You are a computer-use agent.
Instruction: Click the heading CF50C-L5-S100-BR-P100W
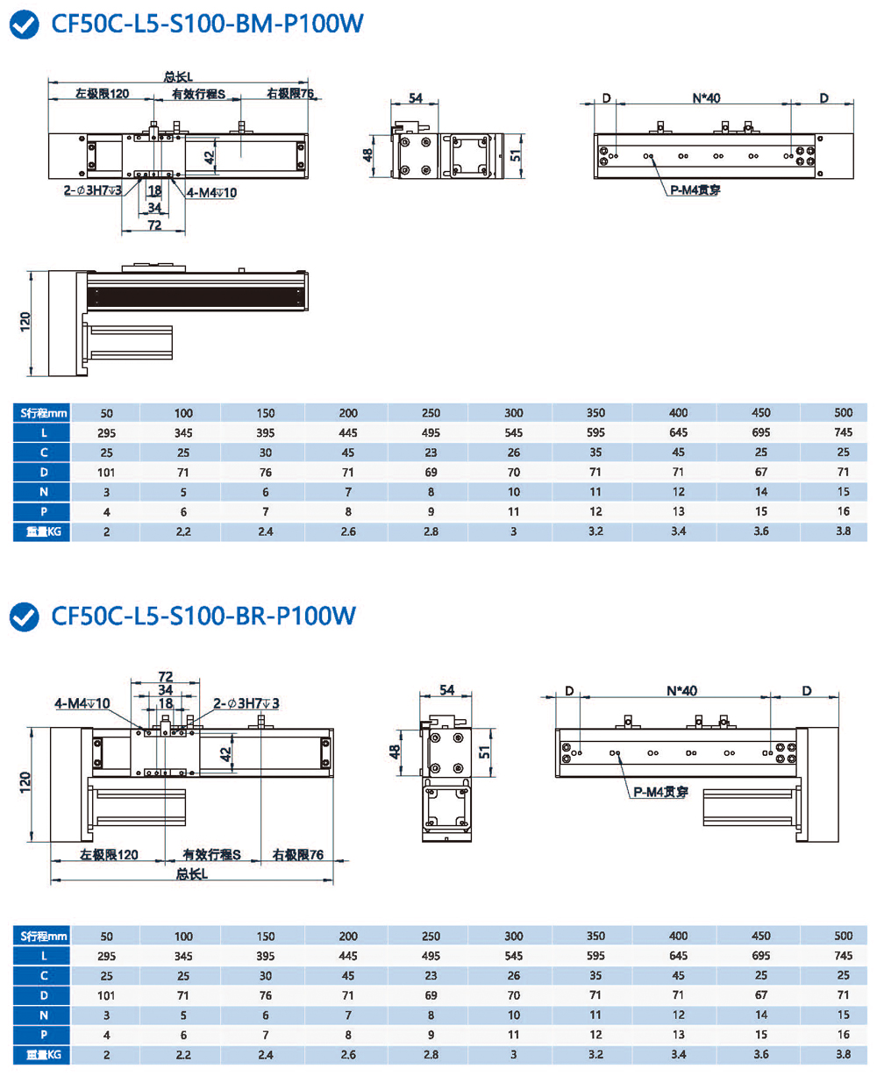pos(204,616)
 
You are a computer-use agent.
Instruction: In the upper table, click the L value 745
pos(843,432)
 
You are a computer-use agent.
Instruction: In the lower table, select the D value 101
pos(107,994)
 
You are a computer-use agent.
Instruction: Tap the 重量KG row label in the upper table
pos(42,531)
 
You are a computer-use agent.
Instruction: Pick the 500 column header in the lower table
pos(843,935)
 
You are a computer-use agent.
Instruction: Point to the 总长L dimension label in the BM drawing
pos(179,75)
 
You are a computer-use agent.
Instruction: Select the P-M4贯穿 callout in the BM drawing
pos(695,189)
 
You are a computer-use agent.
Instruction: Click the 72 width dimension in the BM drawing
pos(153,225)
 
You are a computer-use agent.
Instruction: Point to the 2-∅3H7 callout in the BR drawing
pos(246,703)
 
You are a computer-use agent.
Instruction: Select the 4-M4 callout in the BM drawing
pos(211,192)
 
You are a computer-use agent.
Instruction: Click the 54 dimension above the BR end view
pos(447,690)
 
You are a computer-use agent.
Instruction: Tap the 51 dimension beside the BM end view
pos(516,154)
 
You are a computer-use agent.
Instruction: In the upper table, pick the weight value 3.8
pos(843,531)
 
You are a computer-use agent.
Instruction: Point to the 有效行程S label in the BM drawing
pos(198,94)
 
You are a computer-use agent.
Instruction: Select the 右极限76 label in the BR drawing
pos(298,853)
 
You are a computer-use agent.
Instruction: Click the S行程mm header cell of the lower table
pos(42,935)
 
